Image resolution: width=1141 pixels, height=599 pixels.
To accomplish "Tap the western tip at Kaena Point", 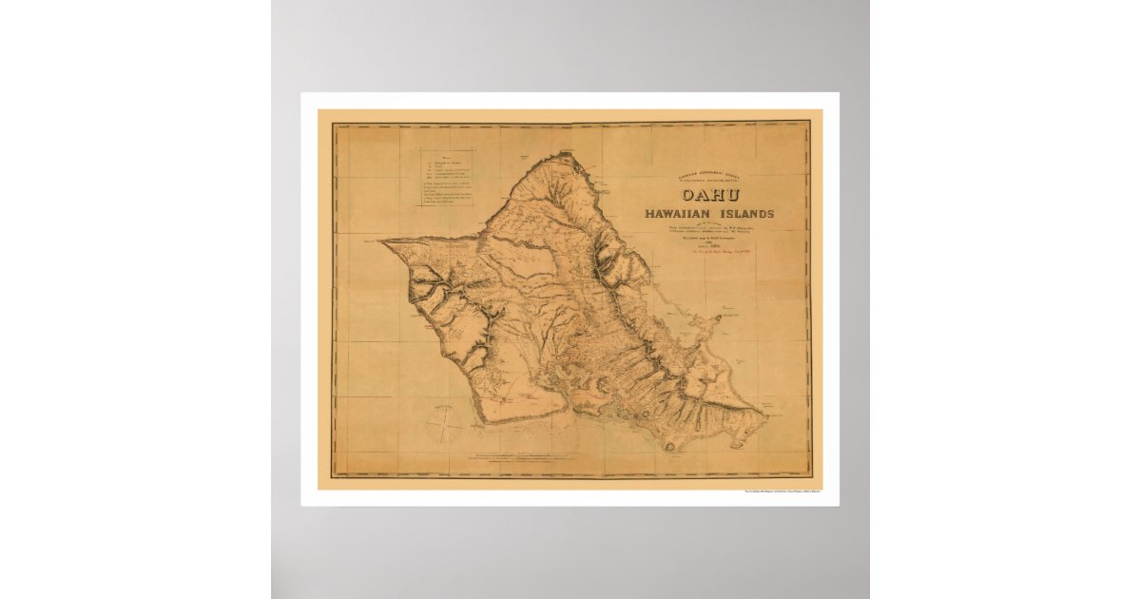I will [382, 241].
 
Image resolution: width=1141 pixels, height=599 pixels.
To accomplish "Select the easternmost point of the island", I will [765, 413].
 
